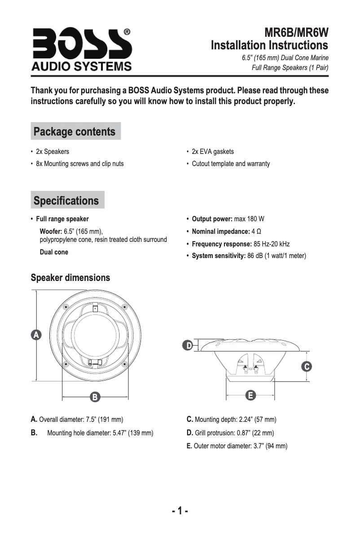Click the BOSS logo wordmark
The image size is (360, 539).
tap(81, 44)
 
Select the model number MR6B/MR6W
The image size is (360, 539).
tap(297, 33)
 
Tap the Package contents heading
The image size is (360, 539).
tap(75, 131)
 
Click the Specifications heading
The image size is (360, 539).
tap(66, 200)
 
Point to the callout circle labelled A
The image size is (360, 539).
tap(35, 334)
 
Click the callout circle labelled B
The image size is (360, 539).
tap(95, 397)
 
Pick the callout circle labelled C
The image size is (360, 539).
tap(307, 366)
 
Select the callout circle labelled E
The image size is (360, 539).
tap(250, 395)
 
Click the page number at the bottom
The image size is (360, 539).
tap(180, 511)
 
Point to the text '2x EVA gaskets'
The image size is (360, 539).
tap(213, 152)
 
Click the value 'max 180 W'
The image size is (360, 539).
tap(249, 219)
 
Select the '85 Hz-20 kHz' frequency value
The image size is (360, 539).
tap(272, 244)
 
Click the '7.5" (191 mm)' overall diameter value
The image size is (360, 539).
tap(104, 420)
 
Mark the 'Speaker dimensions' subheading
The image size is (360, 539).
tap(70, 278)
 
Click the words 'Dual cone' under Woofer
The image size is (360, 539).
tap(54, 252)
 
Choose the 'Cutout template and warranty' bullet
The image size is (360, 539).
tap(231, 164)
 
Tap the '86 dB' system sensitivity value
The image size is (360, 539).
tap(255, 256)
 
